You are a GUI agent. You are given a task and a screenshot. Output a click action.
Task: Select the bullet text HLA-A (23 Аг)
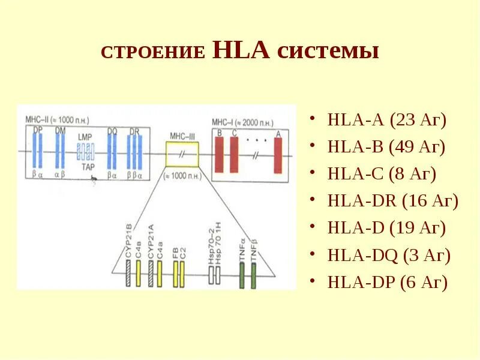tap(387, 120)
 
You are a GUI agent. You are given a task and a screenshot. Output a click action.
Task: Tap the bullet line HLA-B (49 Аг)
tap(387, 147)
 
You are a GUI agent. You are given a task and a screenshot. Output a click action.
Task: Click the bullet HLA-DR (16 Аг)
tap(393, 201)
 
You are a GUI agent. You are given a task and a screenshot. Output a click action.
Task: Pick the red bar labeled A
tap(278, 155)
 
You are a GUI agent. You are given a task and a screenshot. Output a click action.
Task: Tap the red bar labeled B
tap(219, 155)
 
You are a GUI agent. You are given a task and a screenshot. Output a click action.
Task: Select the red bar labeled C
tap(233, 155)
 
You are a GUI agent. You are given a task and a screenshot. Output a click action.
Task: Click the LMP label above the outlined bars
tap(84, 137)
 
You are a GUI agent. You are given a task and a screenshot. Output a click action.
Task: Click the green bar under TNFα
tap(242, 276)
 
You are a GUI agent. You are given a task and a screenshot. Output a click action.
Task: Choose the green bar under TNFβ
tap(253, 276)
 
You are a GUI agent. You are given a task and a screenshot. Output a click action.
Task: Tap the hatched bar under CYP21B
tap(128, 276)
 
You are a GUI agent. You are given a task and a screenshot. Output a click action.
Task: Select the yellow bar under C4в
tap(138, 276)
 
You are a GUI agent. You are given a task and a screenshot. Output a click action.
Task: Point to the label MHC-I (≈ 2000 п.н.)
tap(238, 122)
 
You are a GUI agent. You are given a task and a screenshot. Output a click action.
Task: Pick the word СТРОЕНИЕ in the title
tap(153, 53)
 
